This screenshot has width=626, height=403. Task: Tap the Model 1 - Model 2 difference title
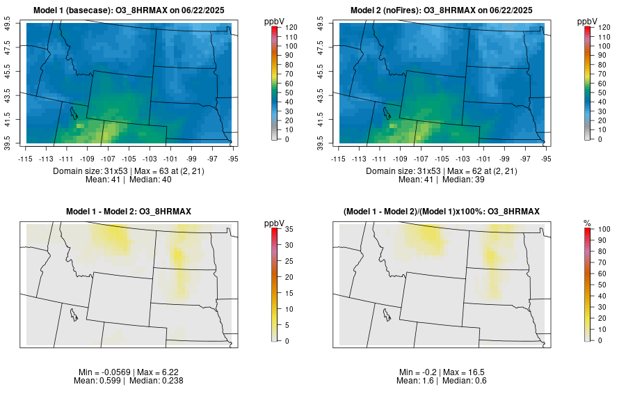(x=129, y=211)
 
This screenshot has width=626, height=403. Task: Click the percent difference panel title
(x=442, y=211)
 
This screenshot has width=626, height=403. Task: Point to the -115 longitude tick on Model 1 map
(x=26, y=158)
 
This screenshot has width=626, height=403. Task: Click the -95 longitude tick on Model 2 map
(x=546, y=158)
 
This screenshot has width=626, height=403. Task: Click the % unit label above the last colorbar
(x=588, y=223)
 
